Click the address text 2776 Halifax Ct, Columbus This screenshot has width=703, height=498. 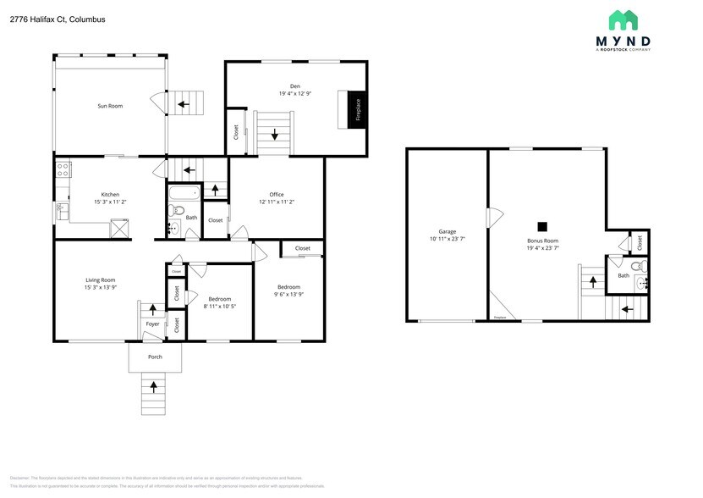pyautogui.click(x=58, y=19)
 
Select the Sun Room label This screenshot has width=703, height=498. pyautogui.click(x=110, y=106)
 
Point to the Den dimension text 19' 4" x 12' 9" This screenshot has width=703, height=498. pyautogui.click(x=295, y=93)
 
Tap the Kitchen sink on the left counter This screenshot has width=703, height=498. pyautogui.click(x=61, y=207)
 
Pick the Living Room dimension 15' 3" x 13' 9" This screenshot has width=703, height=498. pyautogui.click(x=100, y=288)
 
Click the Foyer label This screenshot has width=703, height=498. pyautogui.click(x=152, y=324)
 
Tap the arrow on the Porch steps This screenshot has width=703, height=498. pyautogui.click(x=153, y=387)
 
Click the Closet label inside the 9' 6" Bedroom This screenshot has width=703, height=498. pyautogui.click(x=302, y=248)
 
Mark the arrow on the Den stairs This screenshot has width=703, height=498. pyautogui.click(x=274, y=134)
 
